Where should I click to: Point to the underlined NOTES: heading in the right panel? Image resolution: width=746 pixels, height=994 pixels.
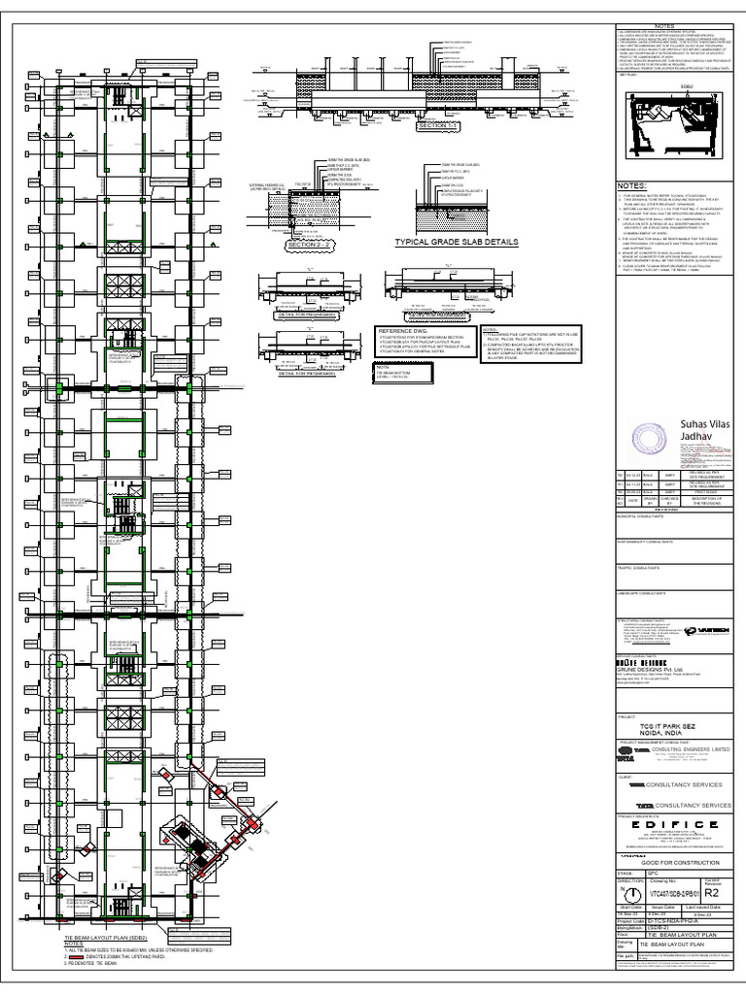pos(632,183)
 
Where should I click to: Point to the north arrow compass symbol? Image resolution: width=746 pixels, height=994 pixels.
pos(630,893)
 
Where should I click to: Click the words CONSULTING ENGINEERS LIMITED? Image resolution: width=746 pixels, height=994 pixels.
pos(692,750)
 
